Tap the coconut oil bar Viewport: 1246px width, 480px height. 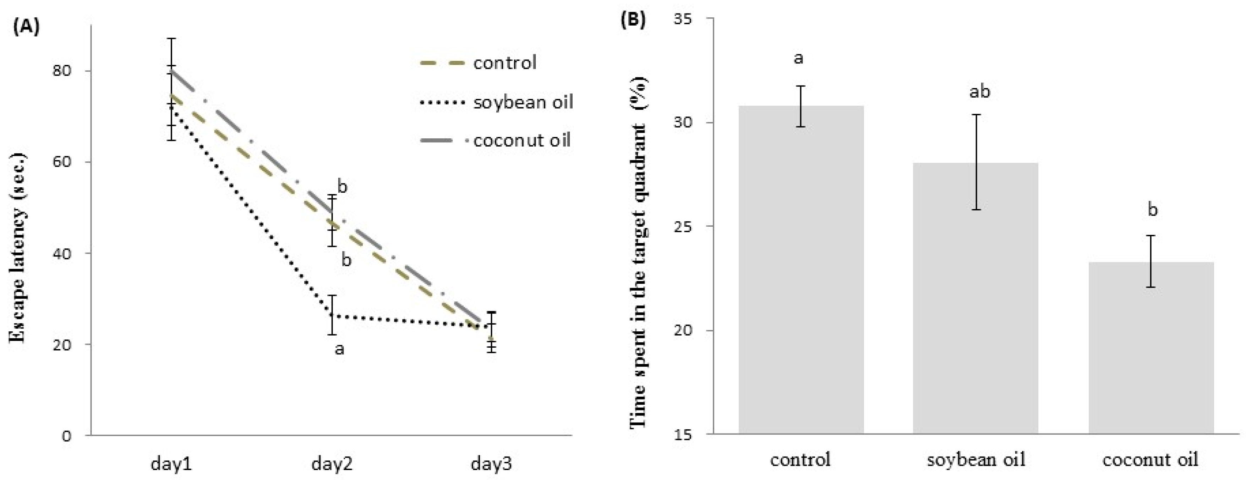pyautogui.click(x=1151, y=348)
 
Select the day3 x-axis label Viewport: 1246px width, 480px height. pyautogui.click(x=491, y=464)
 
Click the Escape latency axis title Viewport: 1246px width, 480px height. pyautogui.click(x=17, y=248)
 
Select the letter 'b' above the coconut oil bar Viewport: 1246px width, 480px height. pyautogui.click(x=1153, y=209)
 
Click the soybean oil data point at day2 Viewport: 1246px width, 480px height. pyautogui.click(x=332, y=316)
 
